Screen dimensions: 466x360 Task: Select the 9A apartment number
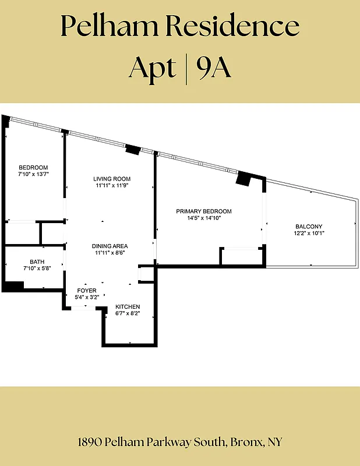[x=214, y=68]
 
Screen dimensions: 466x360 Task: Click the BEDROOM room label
[x=33, y=167]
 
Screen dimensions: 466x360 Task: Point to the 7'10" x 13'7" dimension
[x=33, y=174]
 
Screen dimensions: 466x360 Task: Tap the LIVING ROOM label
[x=112, y=179]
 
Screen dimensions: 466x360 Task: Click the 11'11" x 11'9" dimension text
[x=112, y=185]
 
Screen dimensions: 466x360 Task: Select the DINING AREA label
[x=110, y=246]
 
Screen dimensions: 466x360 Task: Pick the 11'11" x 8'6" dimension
[x=110, y=253]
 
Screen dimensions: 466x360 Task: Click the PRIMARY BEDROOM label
[x=204, y=211]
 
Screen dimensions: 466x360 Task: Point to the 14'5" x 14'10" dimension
[x=204, y=218]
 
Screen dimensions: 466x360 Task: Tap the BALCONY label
[x=309, y=227]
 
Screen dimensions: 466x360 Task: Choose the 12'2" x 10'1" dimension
[x=309, y=233]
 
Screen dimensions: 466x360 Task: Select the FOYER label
[x=87, y=291]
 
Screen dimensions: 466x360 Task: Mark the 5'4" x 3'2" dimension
[x=87, y=297]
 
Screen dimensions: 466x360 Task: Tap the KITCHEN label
[x=128, y=307]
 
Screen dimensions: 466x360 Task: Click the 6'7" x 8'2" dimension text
[x=128, y=313]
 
